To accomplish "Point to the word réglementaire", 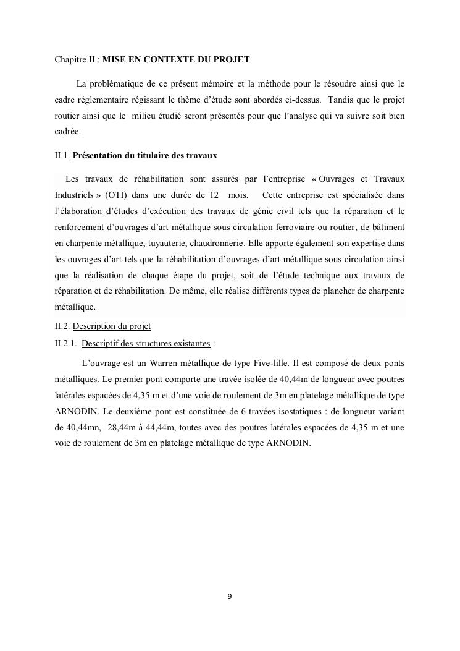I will (x=107, y=100).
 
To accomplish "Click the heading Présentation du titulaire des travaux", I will (x=144, y=155).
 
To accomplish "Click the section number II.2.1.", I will (x=66, y=343).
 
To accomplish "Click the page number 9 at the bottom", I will (x=230, y=597).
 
